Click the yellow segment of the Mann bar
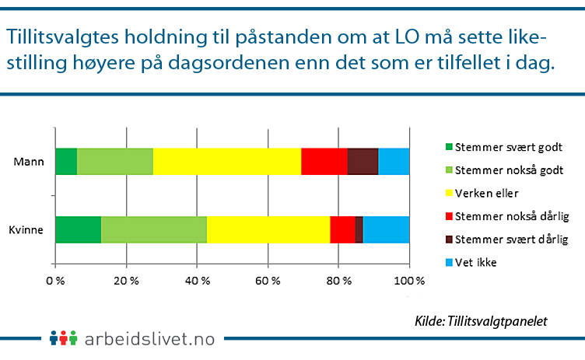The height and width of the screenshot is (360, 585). tap(226, 162)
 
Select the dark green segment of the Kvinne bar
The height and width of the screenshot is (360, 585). tap(78, 229)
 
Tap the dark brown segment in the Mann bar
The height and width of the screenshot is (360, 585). tap(363, 162)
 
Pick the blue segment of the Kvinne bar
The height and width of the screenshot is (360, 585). tap(386, 229)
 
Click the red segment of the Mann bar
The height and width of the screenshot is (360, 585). tap(324, 162)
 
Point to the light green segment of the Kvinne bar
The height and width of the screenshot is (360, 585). tap(154, 229)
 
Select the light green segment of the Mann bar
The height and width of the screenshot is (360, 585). tap(115, 162)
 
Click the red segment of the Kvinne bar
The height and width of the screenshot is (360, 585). tap(342, 229)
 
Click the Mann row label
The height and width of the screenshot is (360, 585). tap(30, 163)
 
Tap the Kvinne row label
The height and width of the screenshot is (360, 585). tap(27, 230)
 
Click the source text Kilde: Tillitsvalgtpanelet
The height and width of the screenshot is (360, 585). tap(482, 320)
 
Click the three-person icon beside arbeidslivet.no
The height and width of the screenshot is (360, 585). tap(64, 338)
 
